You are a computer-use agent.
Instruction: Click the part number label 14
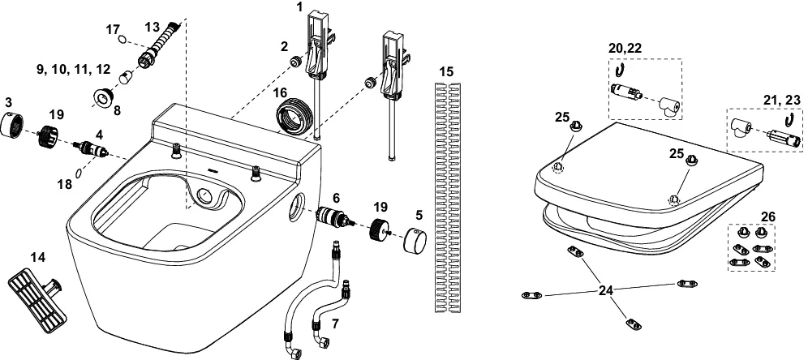(x=38, y=257)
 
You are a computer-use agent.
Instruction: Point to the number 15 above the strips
(x=446, y=72)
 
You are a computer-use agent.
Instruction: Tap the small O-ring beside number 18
(x=78, y=172)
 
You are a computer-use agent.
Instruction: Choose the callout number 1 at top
(x=299, y=7)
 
